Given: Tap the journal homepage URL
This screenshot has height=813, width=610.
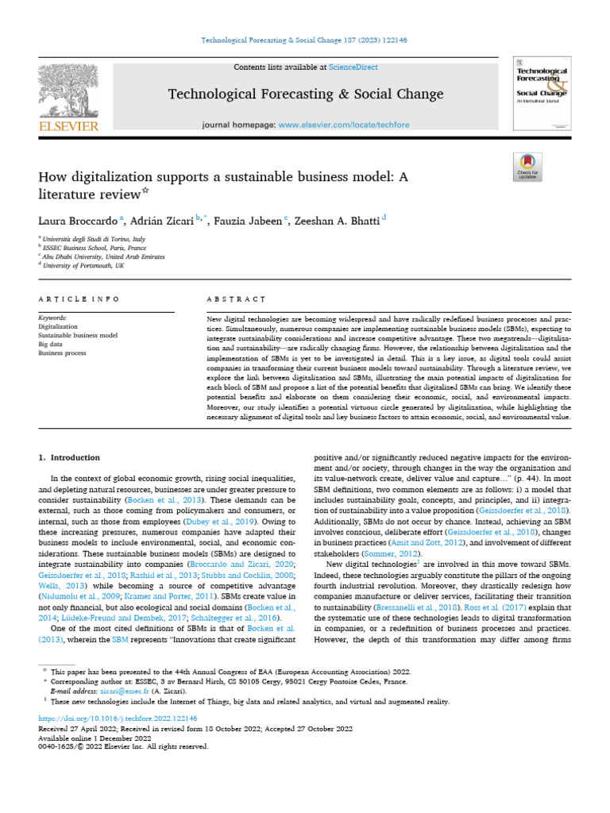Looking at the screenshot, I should point(344,125).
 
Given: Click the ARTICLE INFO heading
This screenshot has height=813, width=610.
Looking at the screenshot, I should point(79,299).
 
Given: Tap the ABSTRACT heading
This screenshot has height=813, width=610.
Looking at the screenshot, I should point(236,299).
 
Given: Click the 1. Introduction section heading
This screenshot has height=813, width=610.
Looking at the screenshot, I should point(70,457).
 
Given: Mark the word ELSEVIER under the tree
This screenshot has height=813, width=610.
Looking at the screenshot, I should point(69,125).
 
